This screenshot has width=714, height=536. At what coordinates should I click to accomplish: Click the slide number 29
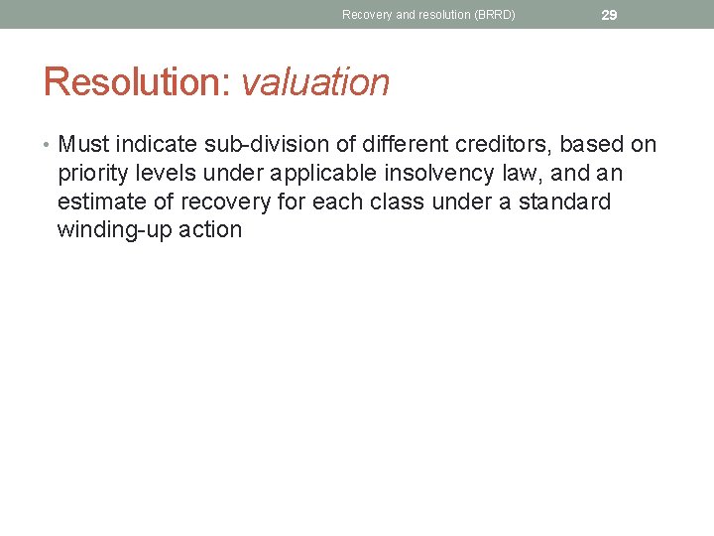point(609,15)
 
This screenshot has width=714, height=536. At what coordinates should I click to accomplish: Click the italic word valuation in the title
point(315,82)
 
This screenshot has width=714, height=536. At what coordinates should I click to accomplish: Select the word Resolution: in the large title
point(137,82)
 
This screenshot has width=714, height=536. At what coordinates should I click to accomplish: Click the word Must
point(83,145)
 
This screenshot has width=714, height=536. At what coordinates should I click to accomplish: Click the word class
point(414,202)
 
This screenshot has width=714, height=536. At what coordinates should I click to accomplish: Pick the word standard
point(568,202)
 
